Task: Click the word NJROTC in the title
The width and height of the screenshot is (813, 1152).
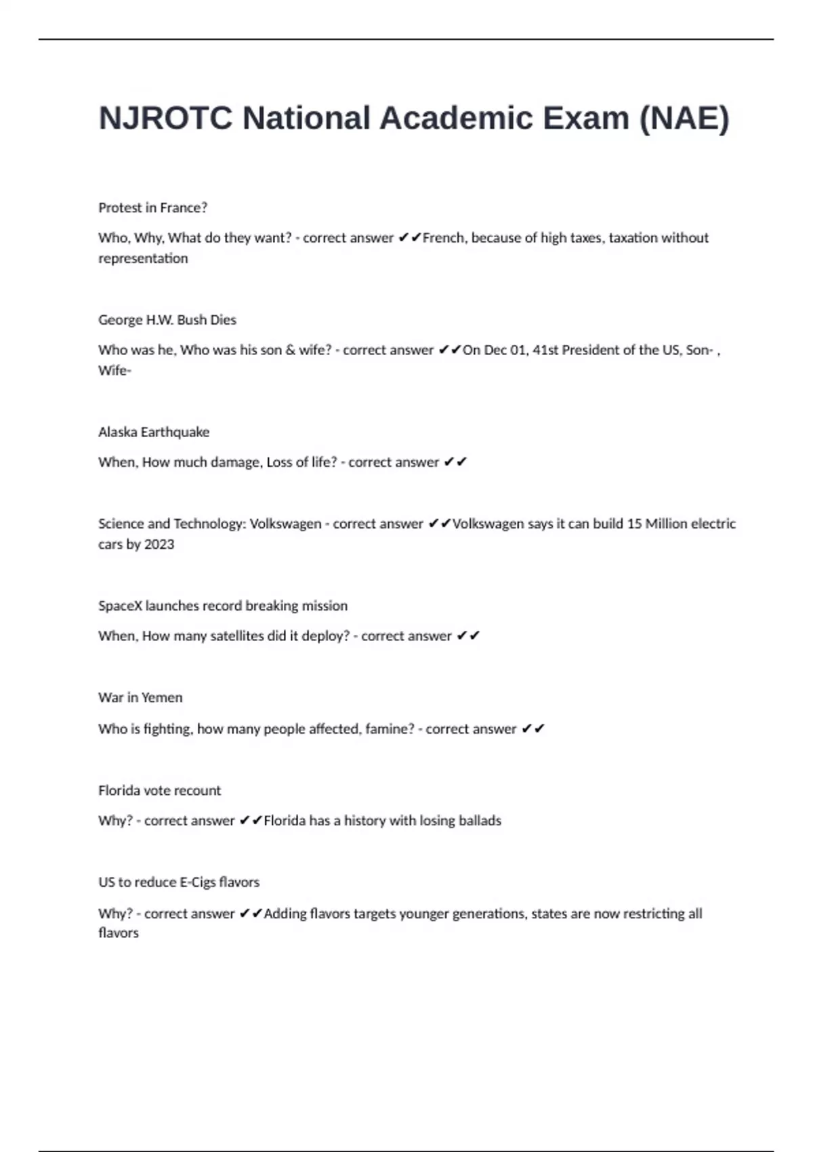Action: click(166, 119)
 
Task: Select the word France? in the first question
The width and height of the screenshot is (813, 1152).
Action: click(184, 207)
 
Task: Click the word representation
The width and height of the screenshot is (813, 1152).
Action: click(143, 258)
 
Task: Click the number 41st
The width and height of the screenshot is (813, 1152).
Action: click(545, 350)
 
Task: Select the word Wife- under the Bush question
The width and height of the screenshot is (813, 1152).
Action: click(114, 371)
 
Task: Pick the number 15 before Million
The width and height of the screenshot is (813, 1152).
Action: click(634, 524)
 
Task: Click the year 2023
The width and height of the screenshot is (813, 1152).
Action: click(159, 544)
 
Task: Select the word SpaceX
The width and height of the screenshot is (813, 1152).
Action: click(120, 606)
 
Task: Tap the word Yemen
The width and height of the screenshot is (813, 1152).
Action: click(162, 697)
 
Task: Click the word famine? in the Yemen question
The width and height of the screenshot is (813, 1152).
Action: click(390, 729)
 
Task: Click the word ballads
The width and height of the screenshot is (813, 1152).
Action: click(480, 821)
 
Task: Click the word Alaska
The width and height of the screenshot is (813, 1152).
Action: click(117, 432)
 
